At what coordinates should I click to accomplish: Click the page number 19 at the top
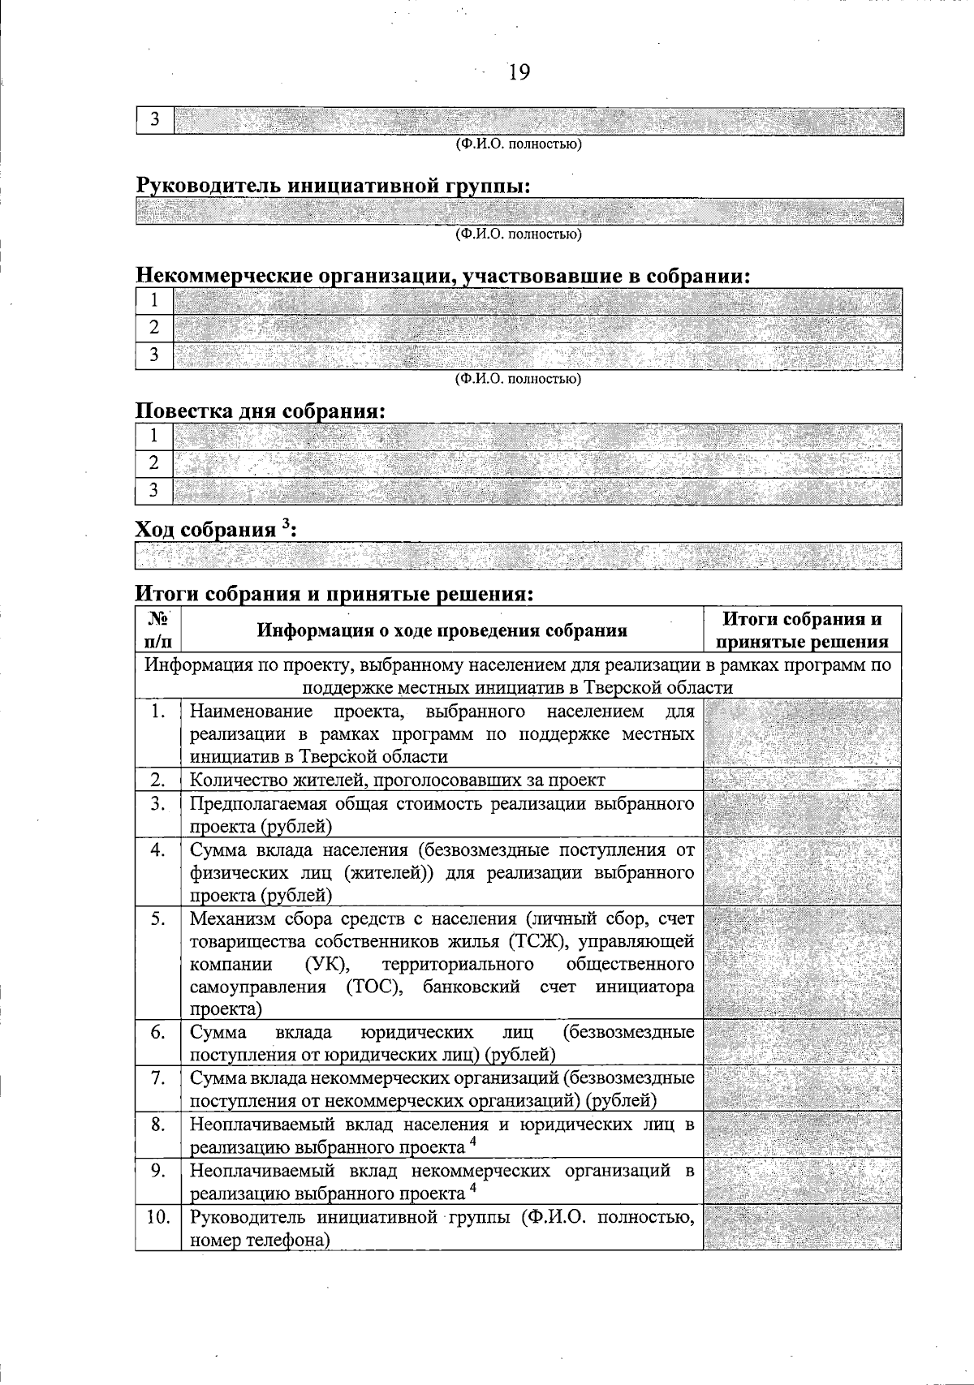[519, 73]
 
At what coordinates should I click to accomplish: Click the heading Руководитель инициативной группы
[333, 186]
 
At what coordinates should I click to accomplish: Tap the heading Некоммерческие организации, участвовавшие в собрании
[442, 276]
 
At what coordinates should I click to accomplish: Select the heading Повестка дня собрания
[259, 411]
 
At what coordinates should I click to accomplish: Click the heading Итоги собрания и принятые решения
[334, 594]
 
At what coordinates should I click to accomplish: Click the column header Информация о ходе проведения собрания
[442, 630]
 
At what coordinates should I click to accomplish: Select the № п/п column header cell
[158, 630]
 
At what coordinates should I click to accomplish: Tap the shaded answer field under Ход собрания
[519, 557]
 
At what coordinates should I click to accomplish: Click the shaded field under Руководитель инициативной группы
[519, 212]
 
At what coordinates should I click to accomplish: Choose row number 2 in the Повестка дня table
[154, 464]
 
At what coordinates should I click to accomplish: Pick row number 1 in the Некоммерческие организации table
[154, 302]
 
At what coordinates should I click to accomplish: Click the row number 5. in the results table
[158, 918]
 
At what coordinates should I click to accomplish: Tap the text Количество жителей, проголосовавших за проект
[397, 781]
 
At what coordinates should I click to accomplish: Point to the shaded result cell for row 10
[802, 1227]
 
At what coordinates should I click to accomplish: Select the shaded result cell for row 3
[802, 815]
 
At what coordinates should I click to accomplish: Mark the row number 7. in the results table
[158, 1078]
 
